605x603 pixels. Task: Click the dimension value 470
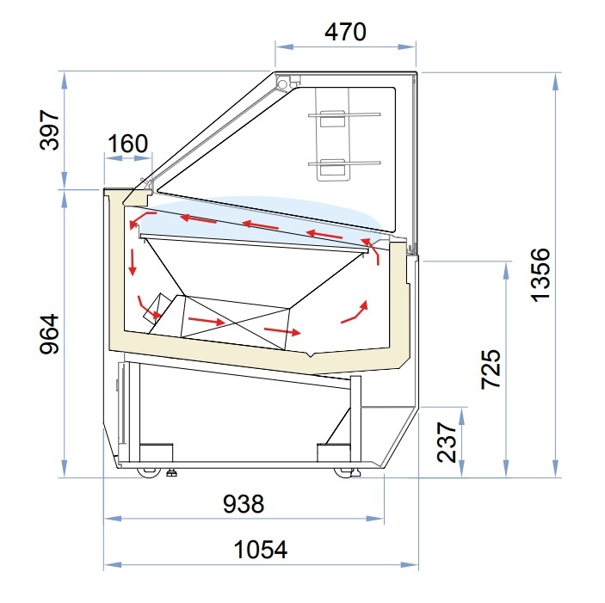click(x=345, y=32)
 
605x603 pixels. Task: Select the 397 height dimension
click(x=50, y=130)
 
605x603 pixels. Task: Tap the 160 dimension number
click(x=127, y=144)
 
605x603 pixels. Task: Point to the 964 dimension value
click(x=50, y=334)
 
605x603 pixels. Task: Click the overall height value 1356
click(x=540, y=275)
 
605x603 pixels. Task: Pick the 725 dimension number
click(x=491, y=369)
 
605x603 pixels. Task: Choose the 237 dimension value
click(x=447, y=443)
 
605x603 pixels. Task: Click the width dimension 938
click(x=244, y=504)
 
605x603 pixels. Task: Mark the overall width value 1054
click(x=261, y=550)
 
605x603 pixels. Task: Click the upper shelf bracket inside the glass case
click(x=332, y=118)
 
